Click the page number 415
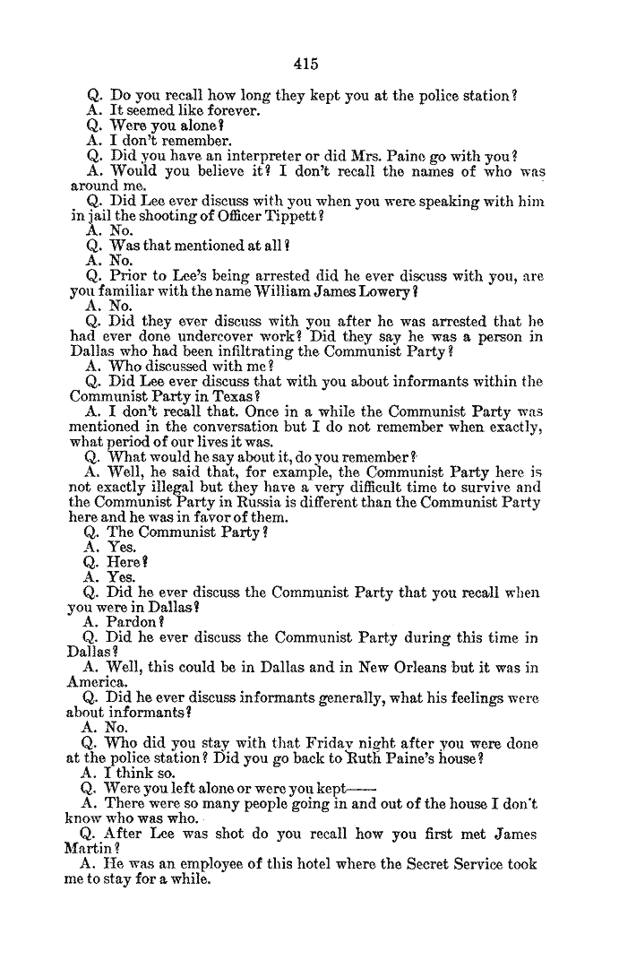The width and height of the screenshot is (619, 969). [305, 64]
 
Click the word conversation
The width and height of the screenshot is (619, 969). [232, 427]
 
